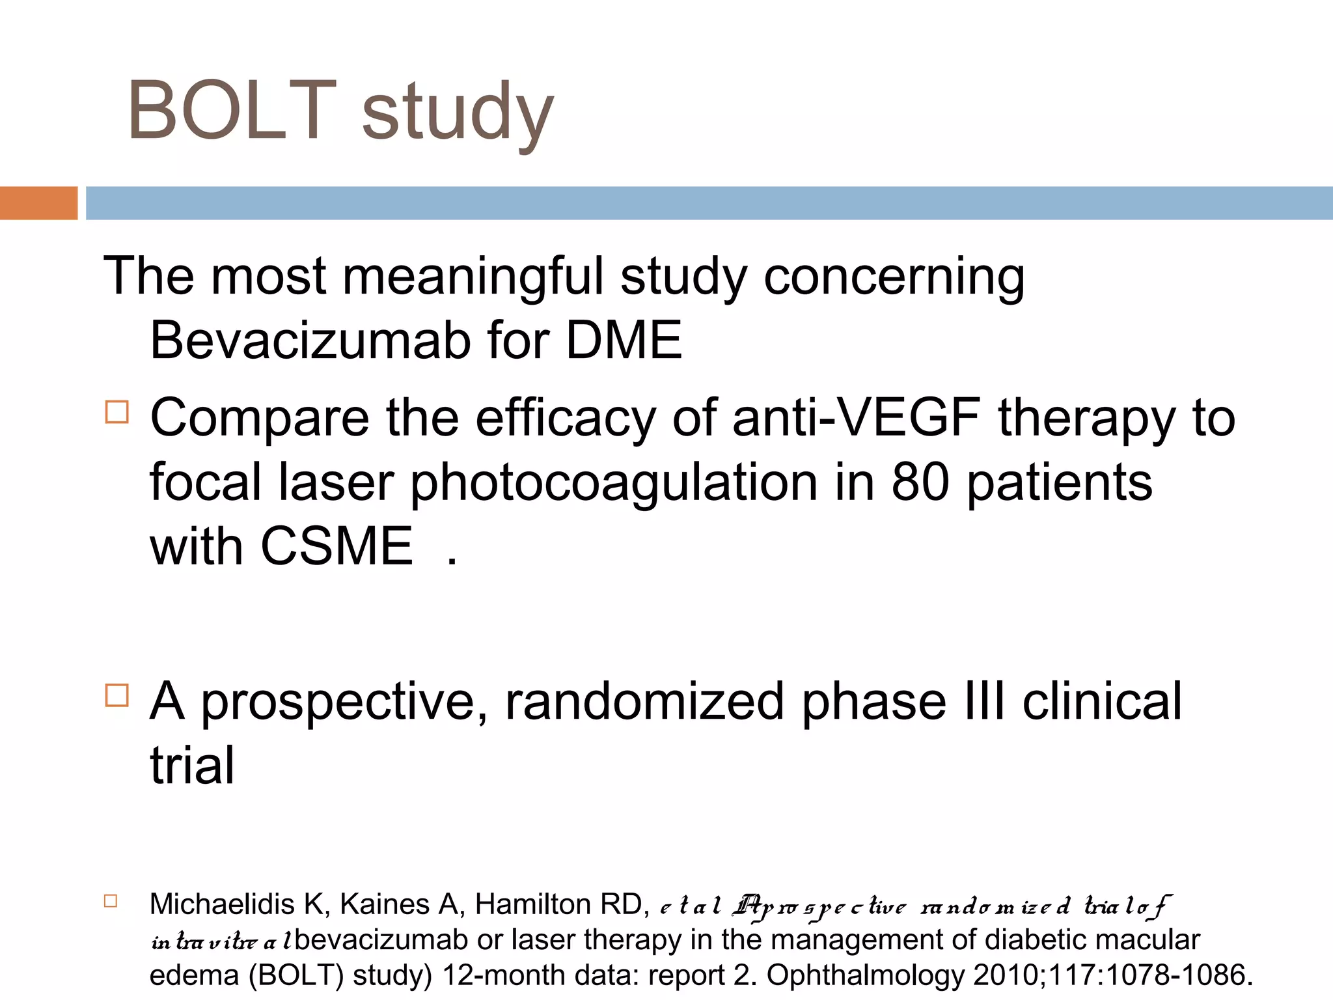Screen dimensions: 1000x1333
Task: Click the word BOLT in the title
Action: click(232, 110)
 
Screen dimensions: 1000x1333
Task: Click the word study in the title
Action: click(458, 114)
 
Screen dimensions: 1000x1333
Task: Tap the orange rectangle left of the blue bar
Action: click(38, 203)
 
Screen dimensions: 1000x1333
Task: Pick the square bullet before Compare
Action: click(117, 412)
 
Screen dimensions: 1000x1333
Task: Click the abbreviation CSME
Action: click(337, 546)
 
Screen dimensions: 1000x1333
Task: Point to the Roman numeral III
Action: click(982, 701)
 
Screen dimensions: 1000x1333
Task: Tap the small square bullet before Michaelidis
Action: click(111, 901)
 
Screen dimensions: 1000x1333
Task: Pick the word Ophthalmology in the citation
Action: click(866, 975)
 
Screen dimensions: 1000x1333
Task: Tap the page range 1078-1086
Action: click(1175, 975)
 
